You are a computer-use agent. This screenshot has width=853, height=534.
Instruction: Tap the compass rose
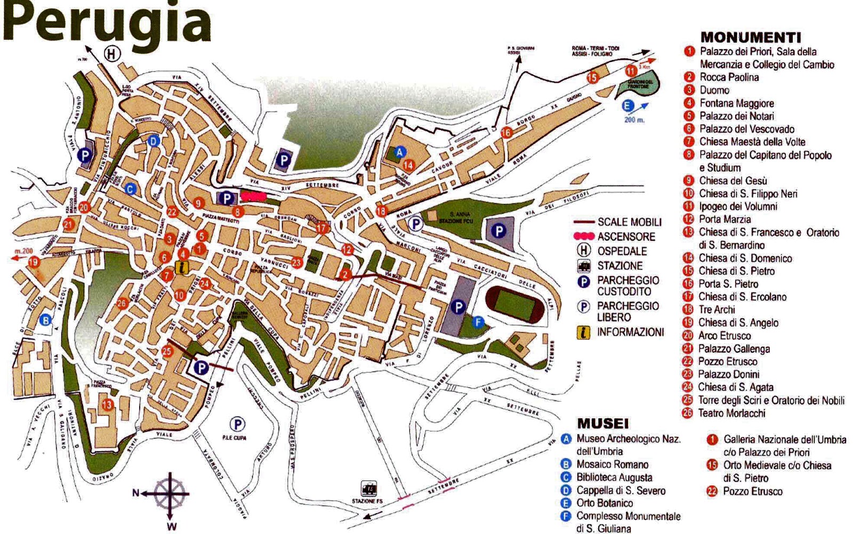point(170,493)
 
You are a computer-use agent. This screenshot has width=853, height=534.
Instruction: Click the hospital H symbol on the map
point(111,53)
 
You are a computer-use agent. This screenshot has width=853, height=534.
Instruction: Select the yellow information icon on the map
point(182,268)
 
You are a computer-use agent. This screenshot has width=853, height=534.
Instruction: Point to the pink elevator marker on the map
point(253,196)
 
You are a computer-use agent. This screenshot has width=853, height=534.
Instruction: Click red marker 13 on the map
point(108,404)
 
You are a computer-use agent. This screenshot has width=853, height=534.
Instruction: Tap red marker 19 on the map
point(34,262)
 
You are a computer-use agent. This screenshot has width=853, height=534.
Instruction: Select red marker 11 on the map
point(631,71)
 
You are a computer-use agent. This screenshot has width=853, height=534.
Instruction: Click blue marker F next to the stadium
point(478,321)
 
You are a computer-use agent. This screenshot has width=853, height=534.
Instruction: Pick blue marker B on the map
point(46,320)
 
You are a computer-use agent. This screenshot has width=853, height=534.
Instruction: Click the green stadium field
point(516,304)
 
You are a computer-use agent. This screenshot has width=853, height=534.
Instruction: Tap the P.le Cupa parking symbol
point(237,424)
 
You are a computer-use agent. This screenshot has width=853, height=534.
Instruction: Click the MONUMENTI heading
point(750,37)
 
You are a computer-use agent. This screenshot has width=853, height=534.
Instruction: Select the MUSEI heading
point(602,424)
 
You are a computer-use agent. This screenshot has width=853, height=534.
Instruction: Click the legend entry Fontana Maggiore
point(736,103)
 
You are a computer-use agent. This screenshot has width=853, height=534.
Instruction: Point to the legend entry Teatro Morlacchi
point(731,413)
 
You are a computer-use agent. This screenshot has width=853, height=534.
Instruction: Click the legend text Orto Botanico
point(605,503)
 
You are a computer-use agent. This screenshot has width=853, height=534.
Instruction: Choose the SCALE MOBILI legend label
point(629,222)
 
